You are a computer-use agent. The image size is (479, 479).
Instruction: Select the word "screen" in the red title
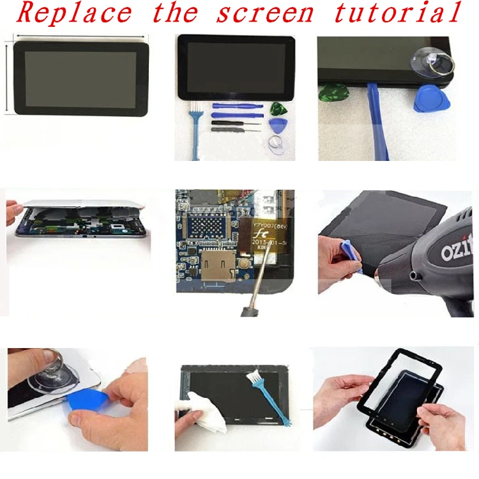(x=265, y=13)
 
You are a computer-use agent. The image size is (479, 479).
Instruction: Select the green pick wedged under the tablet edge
(x=328, y=93)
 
